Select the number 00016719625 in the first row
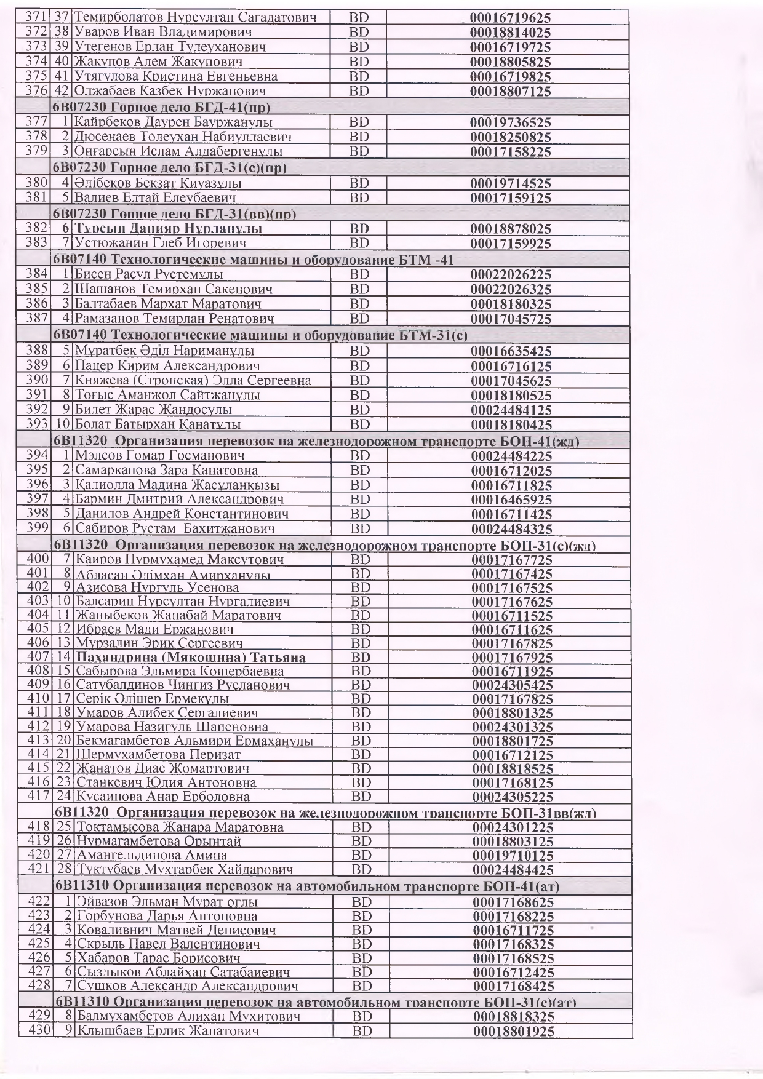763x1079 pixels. [510, 18]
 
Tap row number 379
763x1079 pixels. [37, 151]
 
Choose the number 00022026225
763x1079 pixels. [511, 275]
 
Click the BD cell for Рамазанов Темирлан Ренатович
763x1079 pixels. [359, 319]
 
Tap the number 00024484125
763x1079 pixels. [511, 410]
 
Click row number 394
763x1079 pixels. [38, 456]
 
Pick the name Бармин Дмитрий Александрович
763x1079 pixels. [179, 499]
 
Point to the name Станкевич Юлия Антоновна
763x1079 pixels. [166, 783]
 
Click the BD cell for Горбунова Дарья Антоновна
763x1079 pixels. [361, 917]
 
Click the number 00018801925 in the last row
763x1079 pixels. [513, 1032]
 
